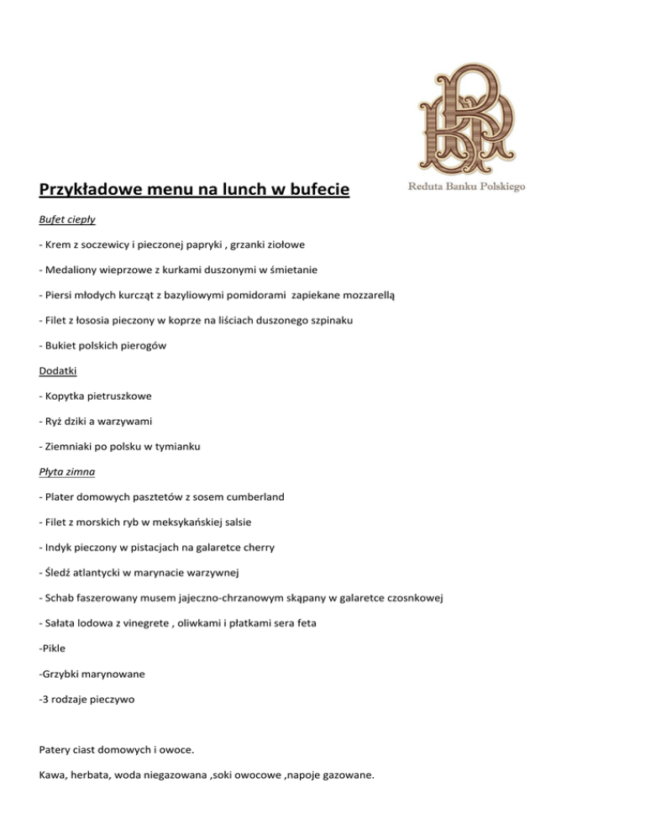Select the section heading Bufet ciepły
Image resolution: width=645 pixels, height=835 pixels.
click(68, 220)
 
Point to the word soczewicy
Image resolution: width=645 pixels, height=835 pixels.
click(105, 244)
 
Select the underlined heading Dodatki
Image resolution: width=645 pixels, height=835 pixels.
click(60, 370)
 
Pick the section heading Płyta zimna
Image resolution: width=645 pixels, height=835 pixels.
click(67, 471)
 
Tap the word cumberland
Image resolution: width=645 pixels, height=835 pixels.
click(254, 496)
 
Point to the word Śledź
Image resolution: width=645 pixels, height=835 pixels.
click(60, 572)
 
